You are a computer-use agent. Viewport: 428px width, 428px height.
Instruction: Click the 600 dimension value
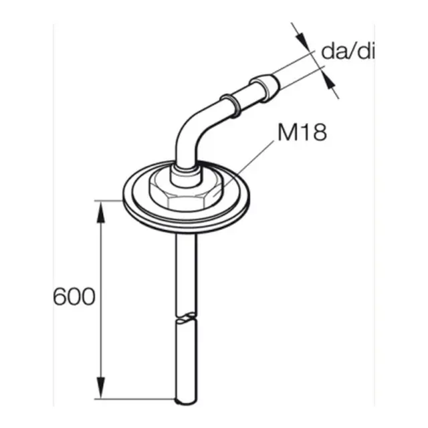pyautogui.click(x=74, y=296)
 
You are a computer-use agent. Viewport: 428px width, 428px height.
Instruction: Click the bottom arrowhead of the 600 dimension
pyautogui.click(x=101, y=391)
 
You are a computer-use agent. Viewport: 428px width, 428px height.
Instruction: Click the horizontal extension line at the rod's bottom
pyautogui.click(x=134, y=399)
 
